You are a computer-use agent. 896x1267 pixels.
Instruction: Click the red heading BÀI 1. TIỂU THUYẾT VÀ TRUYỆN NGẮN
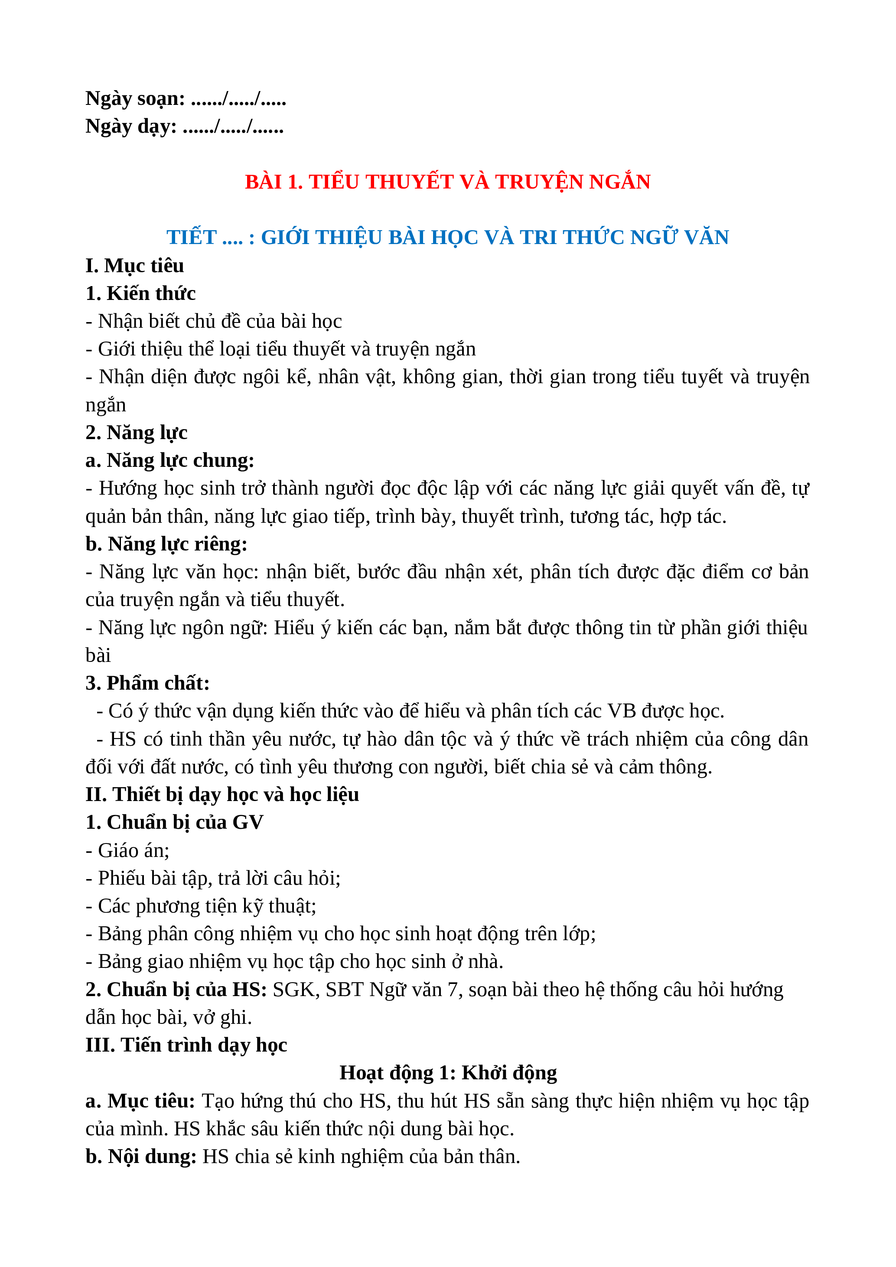[447, 182]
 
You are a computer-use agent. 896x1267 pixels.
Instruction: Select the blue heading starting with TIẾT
[447, 237]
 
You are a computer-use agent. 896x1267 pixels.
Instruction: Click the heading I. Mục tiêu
[135, 265]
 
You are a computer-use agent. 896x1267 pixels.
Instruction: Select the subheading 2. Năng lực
[136, 433]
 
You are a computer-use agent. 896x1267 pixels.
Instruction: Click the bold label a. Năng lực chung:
[170, 460]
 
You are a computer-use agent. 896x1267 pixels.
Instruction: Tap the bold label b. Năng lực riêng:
[166, 544]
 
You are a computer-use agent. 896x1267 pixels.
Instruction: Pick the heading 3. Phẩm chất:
[147, 683]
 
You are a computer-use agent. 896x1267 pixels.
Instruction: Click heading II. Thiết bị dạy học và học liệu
[222, 795]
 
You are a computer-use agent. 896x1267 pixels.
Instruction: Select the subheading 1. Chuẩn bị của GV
[174, 822]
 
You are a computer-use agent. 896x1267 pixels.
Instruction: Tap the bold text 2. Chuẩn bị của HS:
[176, 990]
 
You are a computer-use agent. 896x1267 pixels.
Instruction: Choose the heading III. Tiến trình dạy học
[186, 1045]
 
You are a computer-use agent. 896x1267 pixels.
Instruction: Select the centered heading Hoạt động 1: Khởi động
[447, 1073]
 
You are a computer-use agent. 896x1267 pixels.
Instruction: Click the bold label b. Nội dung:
[141, 1156]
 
